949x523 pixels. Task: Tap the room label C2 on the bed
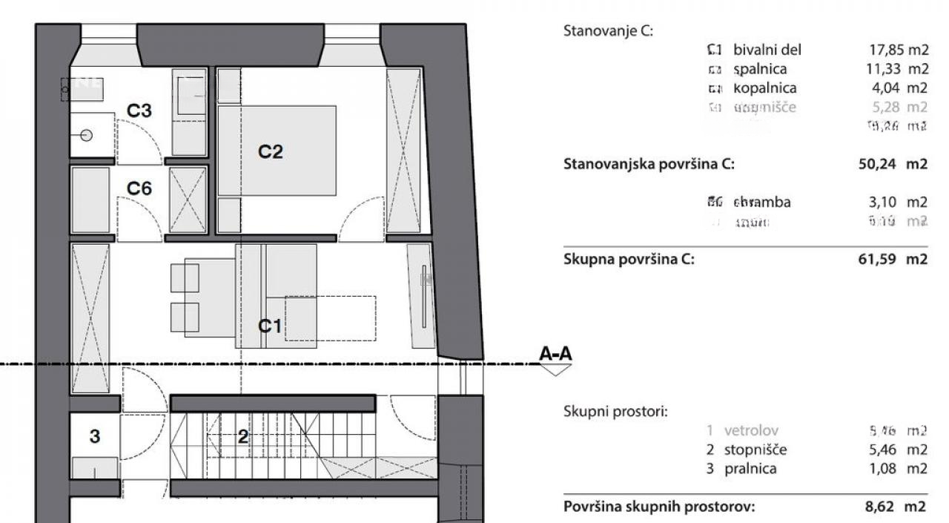(271, 152)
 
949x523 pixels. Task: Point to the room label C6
(139, 188)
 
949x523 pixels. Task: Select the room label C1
(271, 325)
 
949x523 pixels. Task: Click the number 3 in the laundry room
(94, 437)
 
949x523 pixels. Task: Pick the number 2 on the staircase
(242, 437)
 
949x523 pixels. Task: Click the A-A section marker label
(555, 355)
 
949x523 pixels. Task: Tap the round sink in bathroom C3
(87, 136)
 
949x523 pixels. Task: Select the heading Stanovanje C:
(609, 31)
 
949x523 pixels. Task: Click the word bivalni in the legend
(753, 50)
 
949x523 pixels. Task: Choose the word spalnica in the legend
(760, 69)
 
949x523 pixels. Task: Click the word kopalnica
(765, 88)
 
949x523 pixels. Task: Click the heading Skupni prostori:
(615, 411)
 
